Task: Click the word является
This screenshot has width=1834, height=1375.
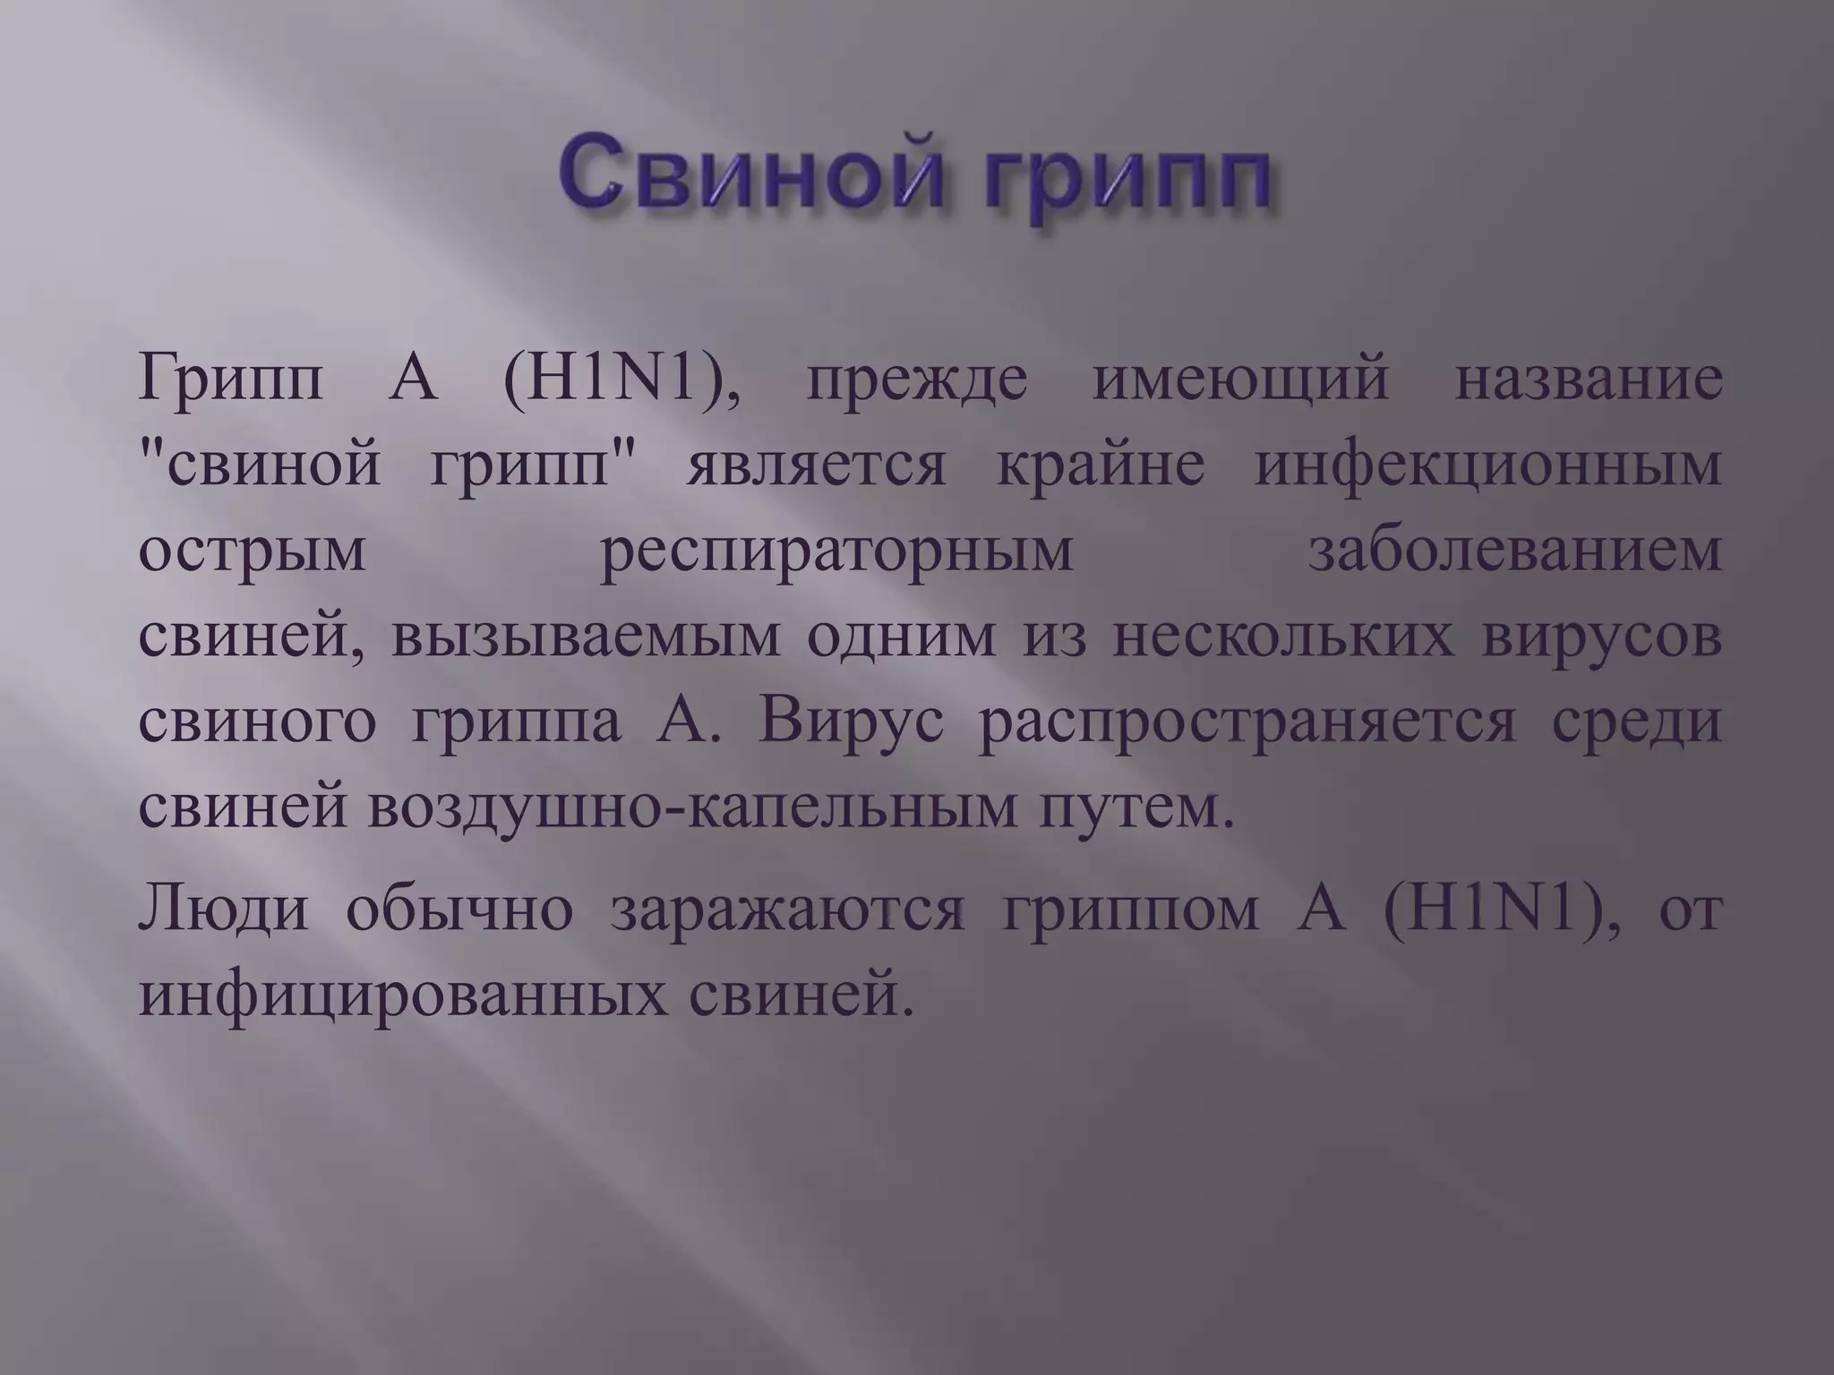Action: pos(816,467)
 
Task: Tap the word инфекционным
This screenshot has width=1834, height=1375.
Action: pos(1487,467)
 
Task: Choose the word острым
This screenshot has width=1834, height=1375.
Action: pos(253,553)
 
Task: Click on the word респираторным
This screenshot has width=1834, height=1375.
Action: pos(836,553)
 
